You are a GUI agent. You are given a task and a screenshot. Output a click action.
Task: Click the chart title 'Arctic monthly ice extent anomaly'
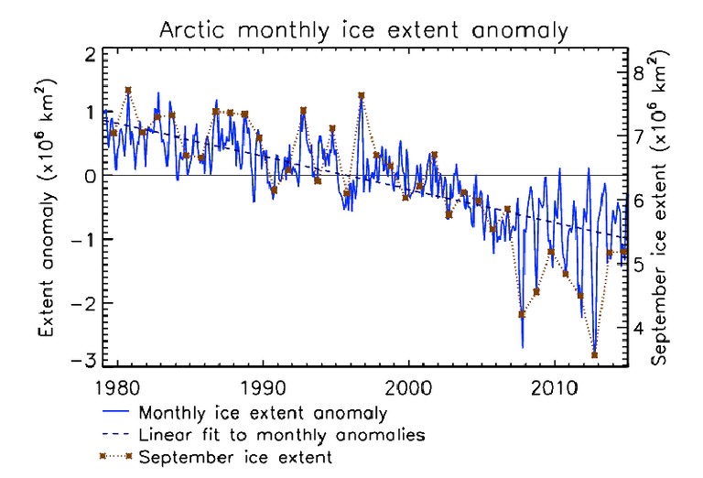tap(364, 29)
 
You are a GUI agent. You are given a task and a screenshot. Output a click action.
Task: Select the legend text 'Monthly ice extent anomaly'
tap(259, 414)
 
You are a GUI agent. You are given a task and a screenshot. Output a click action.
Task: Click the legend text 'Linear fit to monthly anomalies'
tap(279, 435)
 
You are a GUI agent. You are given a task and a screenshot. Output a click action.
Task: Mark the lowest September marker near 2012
tap(594, 355)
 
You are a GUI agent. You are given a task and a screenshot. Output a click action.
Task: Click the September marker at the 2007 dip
tap(522, 314)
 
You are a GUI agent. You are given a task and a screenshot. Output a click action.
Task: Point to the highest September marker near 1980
tap(128, 91)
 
